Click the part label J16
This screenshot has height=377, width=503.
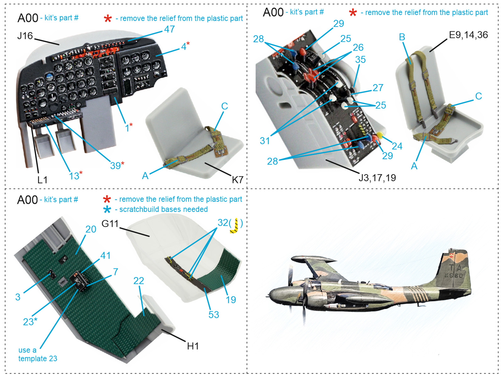[x=25, y=36]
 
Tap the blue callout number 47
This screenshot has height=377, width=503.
[x=169, y=29]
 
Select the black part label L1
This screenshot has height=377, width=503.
[x=42, y=180]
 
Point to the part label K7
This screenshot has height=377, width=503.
[x=237, y=180]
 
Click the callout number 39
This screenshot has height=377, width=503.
[x=115, y=166]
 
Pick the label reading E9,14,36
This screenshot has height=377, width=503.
[x=468, y=35]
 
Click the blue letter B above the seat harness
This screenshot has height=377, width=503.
[x=402, y=37]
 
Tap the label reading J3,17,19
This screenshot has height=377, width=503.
[x=377, y=178]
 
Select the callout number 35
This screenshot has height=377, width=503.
[x=360, y=59]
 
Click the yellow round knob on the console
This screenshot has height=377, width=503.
[x=380, y=135]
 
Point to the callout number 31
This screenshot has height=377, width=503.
[x=265, y=141]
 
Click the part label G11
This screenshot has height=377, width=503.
[x=110, y=224]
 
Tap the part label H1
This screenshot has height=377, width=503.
[x=193, y=346]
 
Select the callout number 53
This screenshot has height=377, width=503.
[x=213, y=314]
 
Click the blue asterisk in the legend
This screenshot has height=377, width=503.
[x=107, y=210]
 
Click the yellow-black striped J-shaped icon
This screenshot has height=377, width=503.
[x=235, y=226]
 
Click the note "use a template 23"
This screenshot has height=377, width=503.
[x=37, y=354]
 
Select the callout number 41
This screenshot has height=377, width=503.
[x=105, y=255]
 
